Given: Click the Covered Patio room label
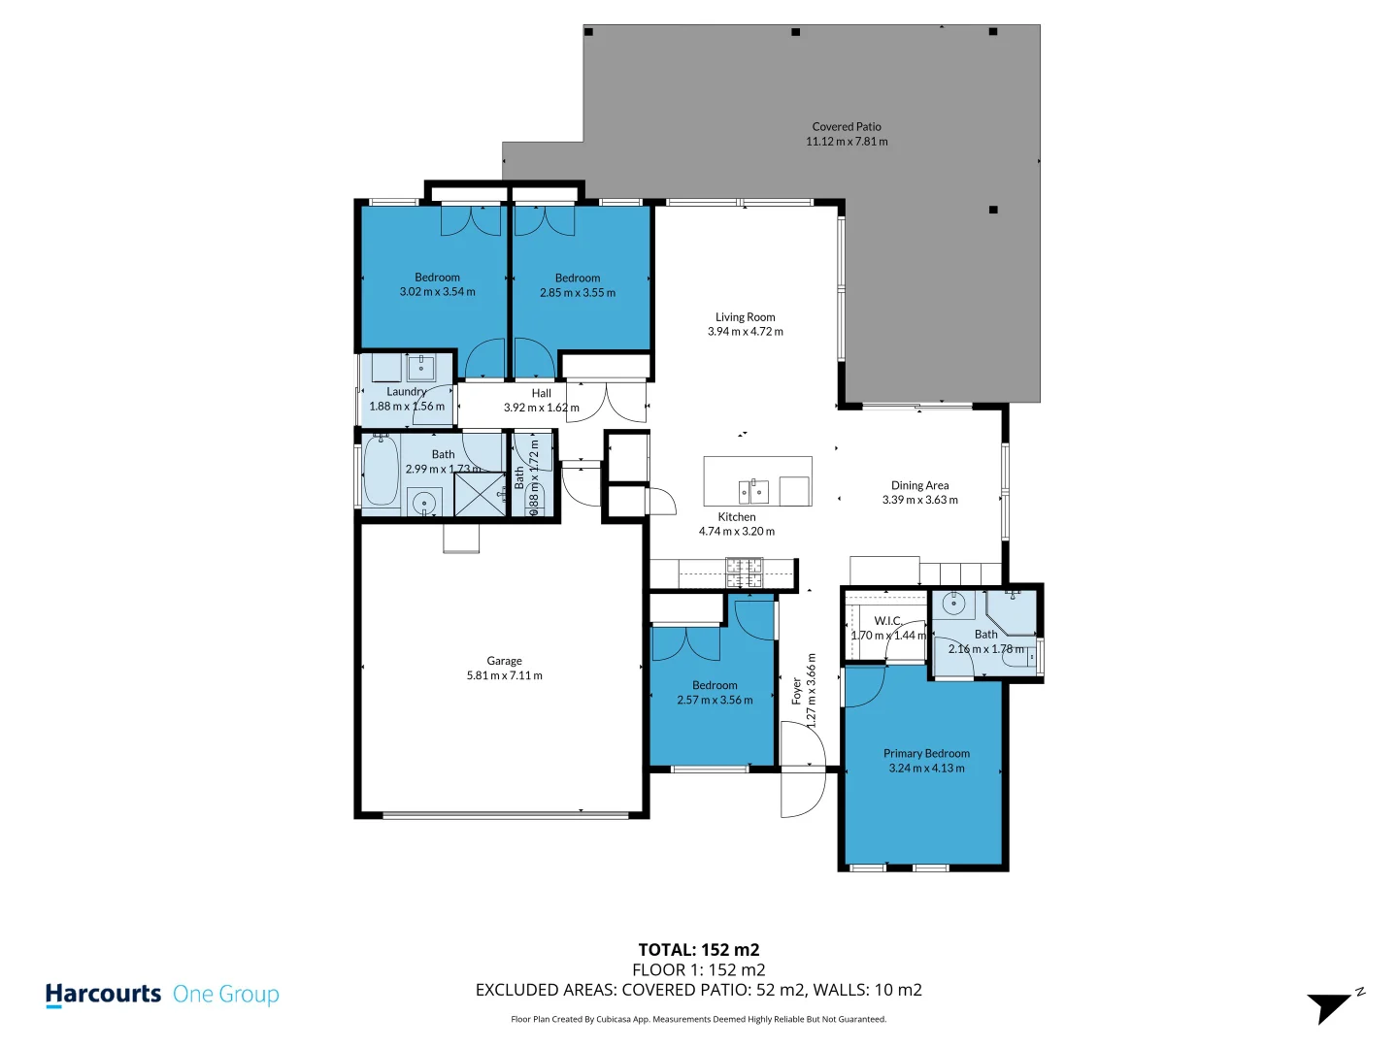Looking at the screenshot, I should [847, 126].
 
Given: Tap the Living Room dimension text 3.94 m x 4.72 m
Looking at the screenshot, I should [745, 332].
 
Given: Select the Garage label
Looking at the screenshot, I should [504, 661].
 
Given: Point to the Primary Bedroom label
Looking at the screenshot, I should [926, 753].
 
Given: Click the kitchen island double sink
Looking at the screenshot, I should [753, 492].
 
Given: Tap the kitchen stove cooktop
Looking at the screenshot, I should [745, 573].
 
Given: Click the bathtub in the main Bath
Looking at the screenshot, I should [381, 472].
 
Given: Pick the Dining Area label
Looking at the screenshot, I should [919, 485].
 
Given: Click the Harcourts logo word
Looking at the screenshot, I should [103, 995].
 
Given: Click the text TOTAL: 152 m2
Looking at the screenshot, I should [698, 950].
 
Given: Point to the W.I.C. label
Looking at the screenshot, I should [887, 621].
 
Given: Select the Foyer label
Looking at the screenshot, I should [797, 691].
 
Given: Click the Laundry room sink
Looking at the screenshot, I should [421, 368].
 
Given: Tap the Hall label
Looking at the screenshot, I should [541, 393].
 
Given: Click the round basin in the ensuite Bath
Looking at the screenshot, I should [954, 604].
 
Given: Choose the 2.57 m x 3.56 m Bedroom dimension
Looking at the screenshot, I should [715, 701].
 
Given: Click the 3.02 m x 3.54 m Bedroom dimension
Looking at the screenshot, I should [437, 292].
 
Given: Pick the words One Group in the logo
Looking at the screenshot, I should [225, 995].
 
